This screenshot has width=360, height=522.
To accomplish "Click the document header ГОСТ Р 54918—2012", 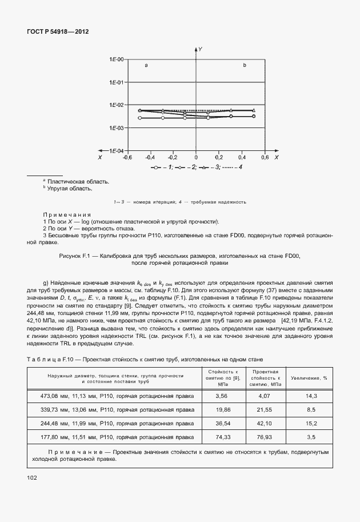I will coord(57,33).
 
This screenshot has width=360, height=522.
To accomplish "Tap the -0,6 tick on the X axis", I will coord(127,157).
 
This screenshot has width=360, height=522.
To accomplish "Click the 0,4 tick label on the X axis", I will coord(242,157).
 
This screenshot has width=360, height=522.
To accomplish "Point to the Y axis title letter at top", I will coord(200,50).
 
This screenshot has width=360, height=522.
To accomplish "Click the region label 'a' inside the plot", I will coord(146,66).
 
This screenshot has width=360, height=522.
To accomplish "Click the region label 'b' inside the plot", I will coord(244,66).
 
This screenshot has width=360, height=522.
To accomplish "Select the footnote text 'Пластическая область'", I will coord(78,182).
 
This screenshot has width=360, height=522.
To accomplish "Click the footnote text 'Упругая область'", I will coord(71,189).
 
